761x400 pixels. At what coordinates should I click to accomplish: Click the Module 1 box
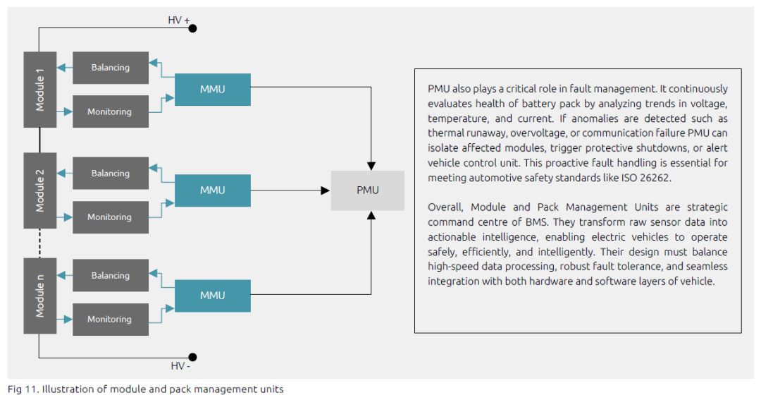coord(39,90)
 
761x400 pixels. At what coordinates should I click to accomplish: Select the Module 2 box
coord(39,190)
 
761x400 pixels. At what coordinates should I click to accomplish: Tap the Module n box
coord(39,296)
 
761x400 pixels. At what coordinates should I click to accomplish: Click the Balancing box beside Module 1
coord(111,68)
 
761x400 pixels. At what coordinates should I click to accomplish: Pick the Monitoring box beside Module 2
coord(111,217)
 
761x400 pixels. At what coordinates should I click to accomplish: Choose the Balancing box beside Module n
coord(111,275)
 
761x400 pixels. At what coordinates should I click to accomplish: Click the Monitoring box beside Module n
coord(111,320)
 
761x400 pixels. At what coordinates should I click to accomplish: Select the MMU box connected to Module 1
coord(213,90)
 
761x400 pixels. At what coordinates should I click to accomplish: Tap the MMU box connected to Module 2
coord(213,190)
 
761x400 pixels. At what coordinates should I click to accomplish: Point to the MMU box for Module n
coord(213,296)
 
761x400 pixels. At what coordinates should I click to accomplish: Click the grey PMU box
coord(367,190)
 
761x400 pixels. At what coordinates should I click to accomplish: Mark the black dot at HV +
coord(192,28)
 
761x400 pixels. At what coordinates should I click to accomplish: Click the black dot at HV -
coord(192,357)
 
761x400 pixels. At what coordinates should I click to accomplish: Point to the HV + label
coord(178,20)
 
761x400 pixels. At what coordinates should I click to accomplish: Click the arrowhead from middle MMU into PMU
coord(326,190)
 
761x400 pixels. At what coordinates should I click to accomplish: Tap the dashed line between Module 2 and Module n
coord(39,243)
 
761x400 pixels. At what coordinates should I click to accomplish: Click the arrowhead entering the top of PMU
coord(371,166)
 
